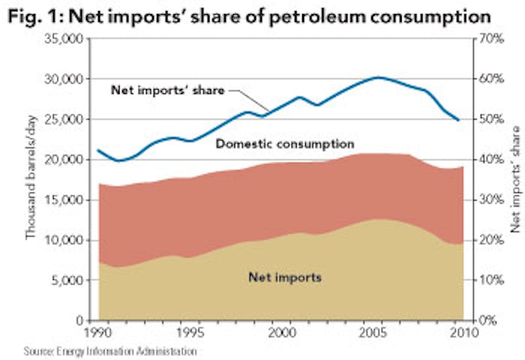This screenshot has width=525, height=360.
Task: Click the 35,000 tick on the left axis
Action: click(63, 39)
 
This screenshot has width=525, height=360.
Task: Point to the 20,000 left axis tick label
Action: click(63, 160)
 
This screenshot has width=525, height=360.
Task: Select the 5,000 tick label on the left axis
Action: click(67, 281)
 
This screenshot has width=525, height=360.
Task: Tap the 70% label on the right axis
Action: click(490, 39)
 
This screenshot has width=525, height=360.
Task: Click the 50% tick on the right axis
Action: click(490, 120)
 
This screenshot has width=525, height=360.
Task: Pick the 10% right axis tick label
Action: click(490, 281)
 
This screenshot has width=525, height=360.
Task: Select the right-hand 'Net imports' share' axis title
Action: click(515, 179)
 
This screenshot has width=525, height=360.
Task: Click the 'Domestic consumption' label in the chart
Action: click(285, 145)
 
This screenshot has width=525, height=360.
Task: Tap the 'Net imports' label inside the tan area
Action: click(284, 278)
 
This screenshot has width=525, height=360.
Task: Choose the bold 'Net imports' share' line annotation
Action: click(167, 90)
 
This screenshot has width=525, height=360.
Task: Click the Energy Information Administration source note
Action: click(110, 351)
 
